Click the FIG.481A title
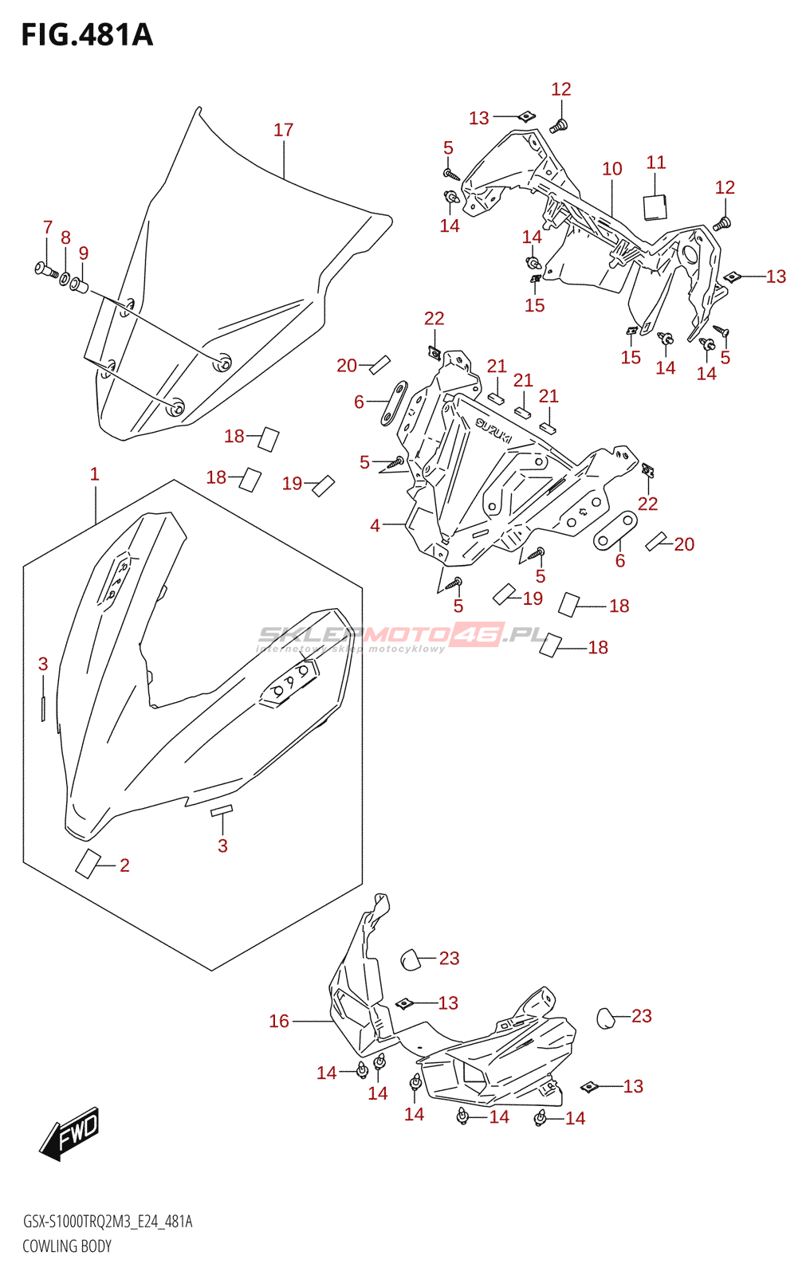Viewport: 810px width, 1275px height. point(87,35)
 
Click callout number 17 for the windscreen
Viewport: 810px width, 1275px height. point(283,130)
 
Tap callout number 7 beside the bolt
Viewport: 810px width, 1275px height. point(47,227)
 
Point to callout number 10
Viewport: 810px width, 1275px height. point(612,168)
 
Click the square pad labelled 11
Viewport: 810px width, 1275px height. point(655,206)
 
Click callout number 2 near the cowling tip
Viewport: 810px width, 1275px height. point(124,865)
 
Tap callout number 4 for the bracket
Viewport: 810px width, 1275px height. point(375,525)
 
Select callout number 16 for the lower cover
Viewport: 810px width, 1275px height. point(279,1021)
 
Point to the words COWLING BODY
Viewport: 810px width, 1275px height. point(67,1246)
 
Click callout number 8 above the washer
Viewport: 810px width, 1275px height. point(65,237)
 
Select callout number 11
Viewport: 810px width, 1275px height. point(655,163)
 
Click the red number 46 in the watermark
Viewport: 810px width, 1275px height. point(476,634)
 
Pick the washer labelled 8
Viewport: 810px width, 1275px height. point(65,278)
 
